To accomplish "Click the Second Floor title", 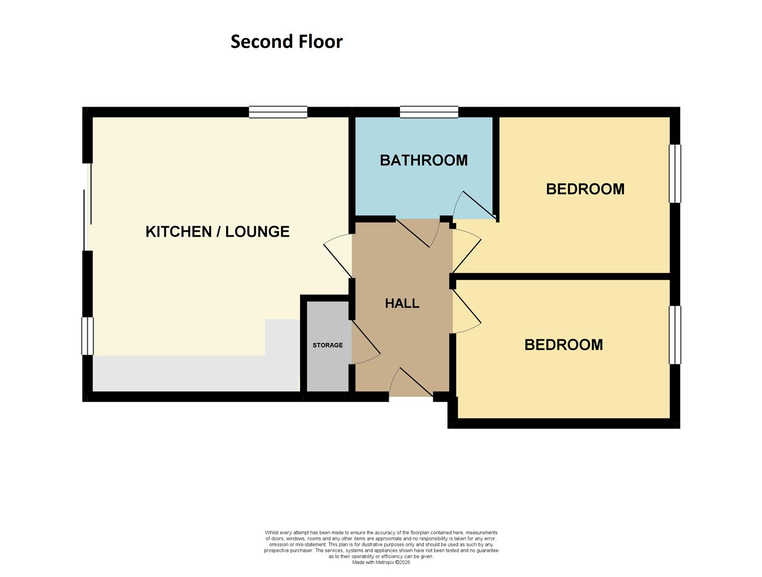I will (x=286, y=42).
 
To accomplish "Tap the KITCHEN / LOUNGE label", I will (x=218, y=231).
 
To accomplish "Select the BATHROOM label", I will (x=424, y=160).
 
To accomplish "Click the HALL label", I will (x=402, y=303).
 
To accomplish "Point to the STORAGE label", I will (x=328, y=345).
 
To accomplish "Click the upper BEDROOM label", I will (x=585, y=189).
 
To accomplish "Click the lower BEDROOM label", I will (x=564, y=345).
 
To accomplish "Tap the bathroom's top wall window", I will (x=429, y=112).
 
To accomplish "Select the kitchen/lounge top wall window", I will (x=278, y=112).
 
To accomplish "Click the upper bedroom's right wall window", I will (x=675, y=174).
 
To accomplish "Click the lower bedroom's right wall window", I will (x=675, y=335).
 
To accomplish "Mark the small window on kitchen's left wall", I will (x=87, y=336).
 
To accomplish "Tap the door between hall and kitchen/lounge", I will (x=338, y=256).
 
